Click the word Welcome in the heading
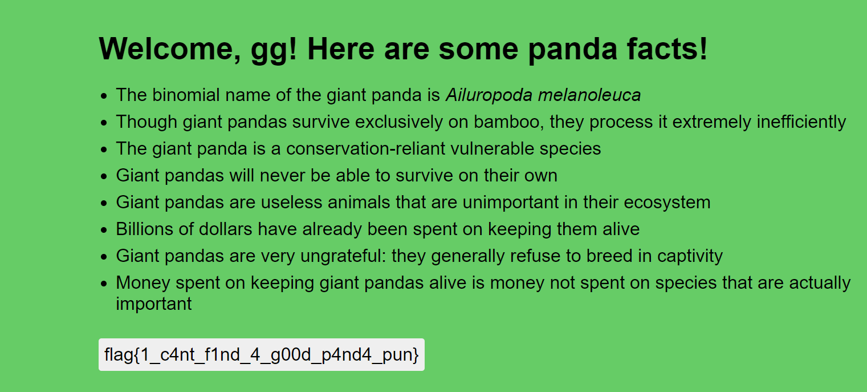tap(169, 49)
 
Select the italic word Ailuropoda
tap(489, 95)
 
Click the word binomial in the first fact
tap(186, 95)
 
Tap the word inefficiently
tap(801, 123)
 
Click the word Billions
tap(145, 229)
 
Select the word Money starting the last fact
tap(143, 283)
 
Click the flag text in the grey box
tap(261, 355)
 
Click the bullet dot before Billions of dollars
tap(103, 230)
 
